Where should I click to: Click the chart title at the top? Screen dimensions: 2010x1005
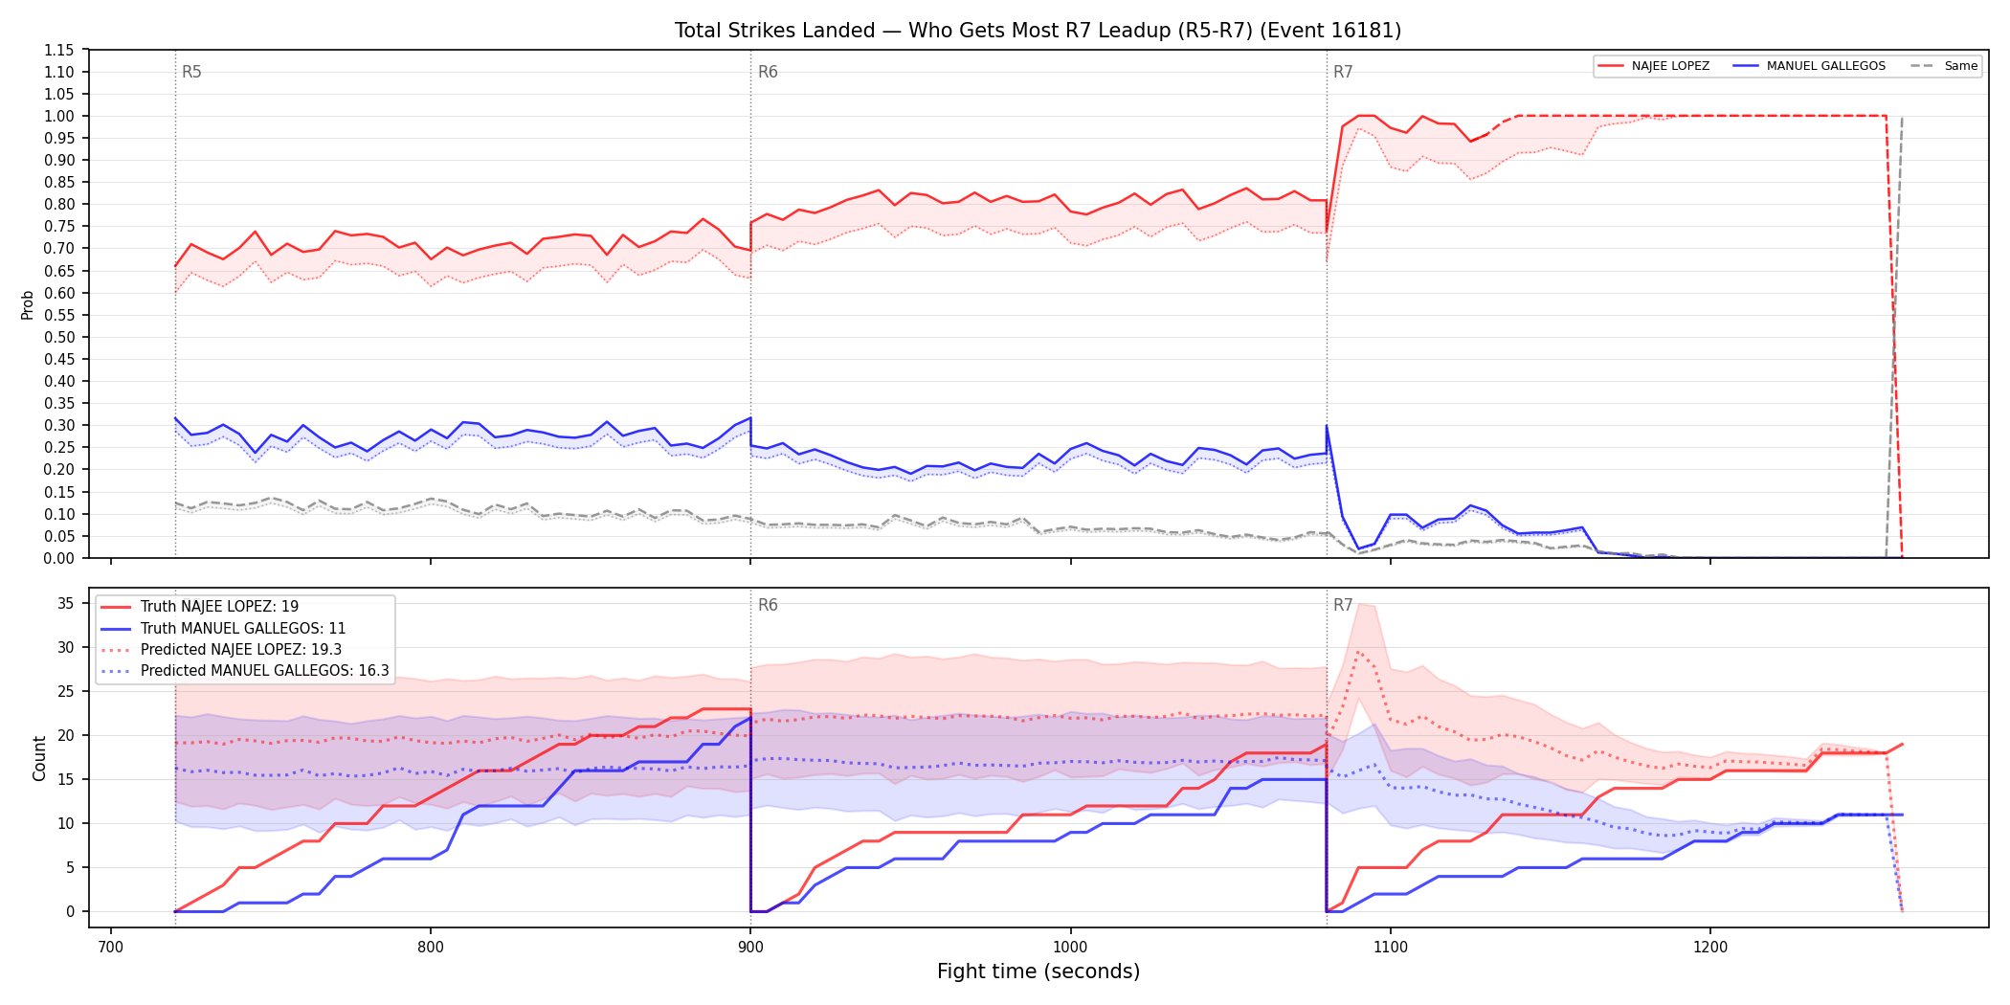[x=1038, y=31]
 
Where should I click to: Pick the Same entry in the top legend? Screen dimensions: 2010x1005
[x=1944, y=66]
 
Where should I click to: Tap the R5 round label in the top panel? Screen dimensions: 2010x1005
[x=191, y=72]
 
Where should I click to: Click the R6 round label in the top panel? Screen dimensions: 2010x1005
[x=768, y=72]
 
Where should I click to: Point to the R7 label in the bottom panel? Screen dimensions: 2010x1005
[x=1343, y=605]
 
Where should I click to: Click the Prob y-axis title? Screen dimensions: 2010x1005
[x=28, y=304]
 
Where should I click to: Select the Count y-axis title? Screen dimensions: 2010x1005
[x=39, y=758]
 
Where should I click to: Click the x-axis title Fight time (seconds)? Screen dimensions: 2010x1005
[x=1038, y=971]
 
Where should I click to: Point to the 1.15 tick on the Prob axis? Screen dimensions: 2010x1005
[x=59, y=50]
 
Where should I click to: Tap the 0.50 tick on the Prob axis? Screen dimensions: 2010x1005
[x=59, y=337]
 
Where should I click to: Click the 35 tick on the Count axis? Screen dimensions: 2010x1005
[x=66, y=603]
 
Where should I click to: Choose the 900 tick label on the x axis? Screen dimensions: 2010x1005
[x=750, y=947]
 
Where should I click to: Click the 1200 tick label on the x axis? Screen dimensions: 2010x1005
[x=1710, y=947]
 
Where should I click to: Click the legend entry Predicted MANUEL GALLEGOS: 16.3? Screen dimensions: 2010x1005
[x=245, y=671]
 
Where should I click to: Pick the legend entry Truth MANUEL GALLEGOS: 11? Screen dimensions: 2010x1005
[x=223, y=629]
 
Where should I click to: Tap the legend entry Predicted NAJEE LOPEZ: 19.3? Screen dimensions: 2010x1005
[x=221, y=650]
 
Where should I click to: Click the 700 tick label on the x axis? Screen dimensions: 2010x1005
[x=111, y=947]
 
